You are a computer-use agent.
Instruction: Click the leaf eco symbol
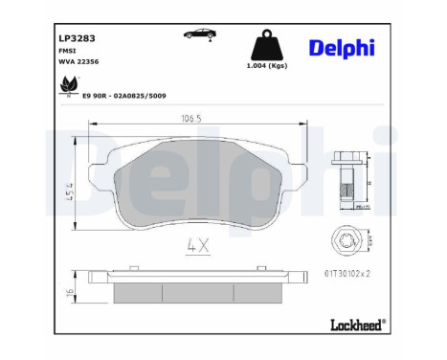[x=68, y=85]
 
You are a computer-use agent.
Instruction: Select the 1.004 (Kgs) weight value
[x=266, y=67]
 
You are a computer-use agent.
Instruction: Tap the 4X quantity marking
[x=198, y=243]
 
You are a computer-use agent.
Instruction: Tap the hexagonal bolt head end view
[x=349, y=243]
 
